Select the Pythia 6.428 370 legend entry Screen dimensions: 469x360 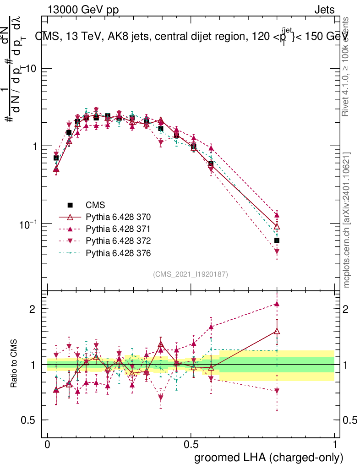118,217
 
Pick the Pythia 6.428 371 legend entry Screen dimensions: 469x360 118,229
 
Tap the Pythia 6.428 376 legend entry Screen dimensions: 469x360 118,253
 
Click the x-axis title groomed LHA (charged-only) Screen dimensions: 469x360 269,457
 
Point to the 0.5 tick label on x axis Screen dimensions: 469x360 191,444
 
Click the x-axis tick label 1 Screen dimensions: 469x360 334,444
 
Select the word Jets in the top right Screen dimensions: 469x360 324,10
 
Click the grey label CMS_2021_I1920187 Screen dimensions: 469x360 191,274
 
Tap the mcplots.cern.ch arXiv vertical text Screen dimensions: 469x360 347,220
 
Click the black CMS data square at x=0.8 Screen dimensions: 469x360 277,240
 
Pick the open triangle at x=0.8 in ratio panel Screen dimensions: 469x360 277,331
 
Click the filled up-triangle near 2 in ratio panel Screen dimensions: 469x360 277,303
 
